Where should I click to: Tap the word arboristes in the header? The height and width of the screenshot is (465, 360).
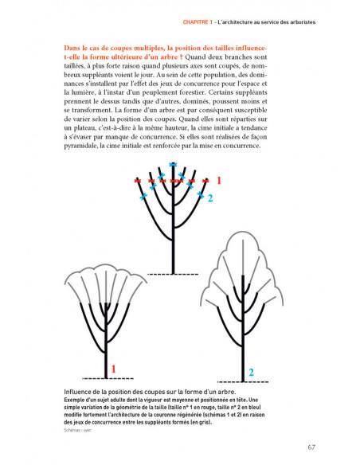tap(299, 22)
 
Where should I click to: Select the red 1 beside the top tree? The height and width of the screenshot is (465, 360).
tap(219, 181)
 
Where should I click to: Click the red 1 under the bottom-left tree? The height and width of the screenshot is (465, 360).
tap(114, 369)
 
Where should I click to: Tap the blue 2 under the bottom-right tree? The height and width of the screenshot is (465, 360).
tap(251, 372)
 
